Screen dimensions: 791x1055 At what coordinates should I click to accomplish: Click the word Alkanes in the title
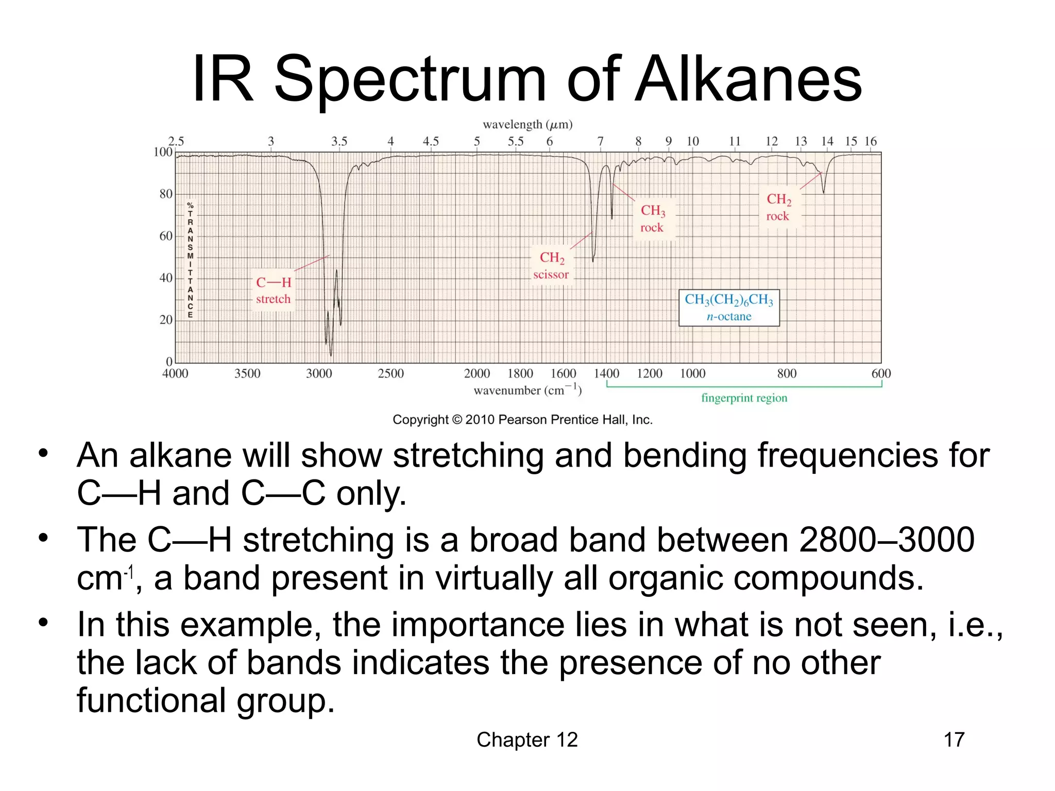(748, 80)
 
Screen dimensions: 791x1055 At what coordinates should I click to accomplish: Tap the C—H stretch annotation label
(274, 290)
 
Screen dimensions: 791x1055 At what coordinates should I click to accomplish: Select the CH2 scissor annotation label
(551, 265)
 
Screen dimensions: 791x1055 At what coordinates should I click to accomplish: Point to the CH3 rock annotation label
(653, 218)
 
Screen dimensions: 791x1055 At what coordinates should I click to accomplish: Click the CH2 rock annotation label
(778, 207)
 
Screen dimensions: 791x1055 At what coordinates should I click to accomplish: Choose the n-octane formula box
(729, 307)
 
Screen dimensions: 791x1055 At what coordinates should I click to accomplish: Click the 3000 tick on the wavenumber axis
(319, 373)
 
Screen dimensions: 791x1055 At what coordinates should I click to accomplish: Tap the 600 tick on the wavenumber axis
(880, 373)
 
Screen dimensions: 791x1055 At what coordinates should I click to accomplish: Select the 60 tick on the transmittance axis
(166, 236)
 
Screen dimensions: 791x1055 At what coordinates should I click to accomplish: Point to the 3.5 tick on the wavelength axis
(339, 141)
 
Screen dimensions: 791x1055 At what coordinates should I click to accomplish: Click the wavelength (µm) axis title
(527, 125)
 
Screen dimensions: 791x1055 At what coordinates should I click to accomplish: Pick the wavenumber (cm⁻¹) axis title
(527, 390)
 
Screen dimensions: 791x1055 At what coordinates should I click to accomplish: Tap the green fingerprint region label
(744, 398)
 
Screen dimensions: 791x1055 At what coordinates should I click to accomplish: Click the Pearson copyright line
(522, 420)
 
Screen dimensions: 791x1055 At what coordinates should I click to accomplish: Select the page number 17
(954, 740)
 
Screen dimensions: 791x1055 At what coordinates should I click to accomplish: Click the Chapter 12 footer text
(527, 740)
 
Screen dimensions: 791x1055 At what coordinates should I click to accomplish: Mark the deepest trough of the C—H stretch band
(331, 354)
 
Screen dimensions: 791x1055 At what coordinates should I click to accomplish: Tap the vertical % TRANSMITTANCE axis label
(190, 260)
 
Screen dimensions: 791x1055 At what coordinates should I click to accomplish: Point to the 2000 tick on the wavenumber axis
(477, 373)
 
